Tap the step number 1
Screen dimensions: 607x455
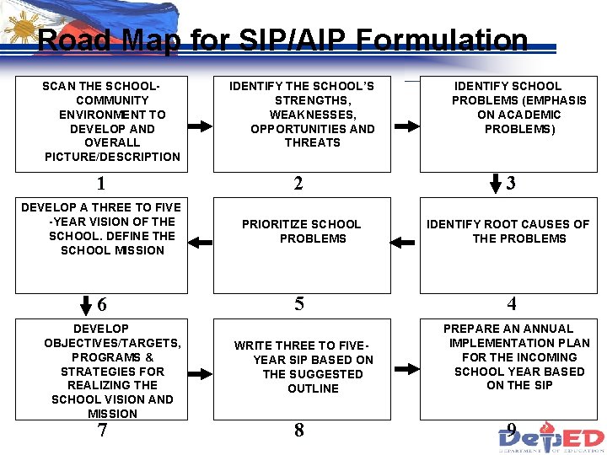point(101,184)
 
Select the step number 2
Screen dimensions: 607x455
point(298,184)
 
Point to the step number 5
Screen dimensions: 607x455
point(299,304)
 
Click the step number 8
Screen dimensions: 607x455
point(299,431)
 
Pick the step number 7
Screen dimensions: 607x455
point(102,431)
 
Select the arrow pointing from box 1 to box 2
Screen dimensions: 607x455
point(200,126)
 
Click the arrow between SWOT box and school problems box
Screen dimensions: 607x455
point(406,126)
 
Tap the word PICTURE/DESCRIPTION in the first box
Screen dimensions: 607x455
point(112,157)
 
